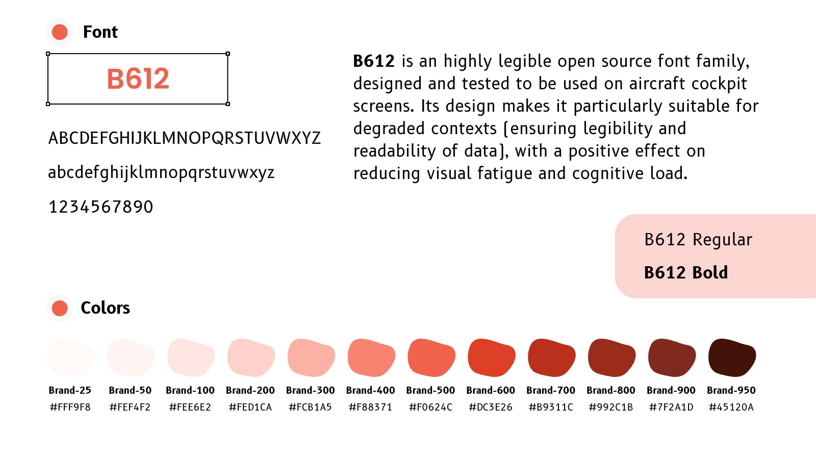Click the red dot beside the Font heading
60,32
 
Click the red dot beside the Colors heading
60,308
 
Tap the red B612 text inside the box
138,79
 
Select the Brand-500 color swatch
431,358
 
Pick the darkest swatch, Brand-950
732,358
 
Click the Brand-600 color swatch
492,358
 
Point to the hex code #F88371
370,407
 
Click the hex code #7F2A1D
671,407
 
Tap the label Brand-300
311,390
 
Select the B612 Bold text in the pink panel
686,272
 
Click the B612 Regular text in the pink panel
698,240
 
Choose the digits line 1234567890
101,207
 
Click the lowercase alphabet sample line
161,173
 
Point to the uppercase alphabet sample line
184,138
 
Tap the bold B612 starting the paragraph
374,61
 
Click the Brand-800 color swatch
611,358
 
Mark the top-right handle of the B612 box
227,54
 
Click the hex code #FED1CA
250,407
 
